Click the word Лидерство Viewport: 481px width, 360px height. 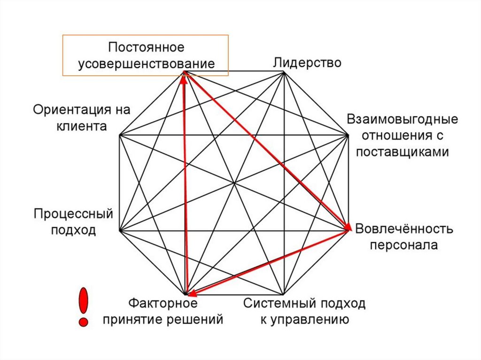pos(307,63)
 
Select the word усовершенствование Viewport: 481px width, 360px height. pos(146,64)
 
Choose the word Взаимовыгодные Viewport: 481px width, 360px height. pos(403,119)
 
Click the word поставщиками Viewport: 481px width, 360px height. pos(403,152)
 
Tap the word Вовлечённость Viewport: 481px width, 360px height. pos(404,229)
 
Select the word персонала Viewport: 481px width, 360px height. pos(403,245)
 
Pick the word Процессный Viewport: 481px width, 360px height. pos(74,214)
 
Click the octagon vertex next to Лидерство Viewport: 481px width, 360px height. pos(283,72)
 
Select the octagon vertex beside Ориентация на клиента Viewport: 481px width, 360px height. pos(120,135)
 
